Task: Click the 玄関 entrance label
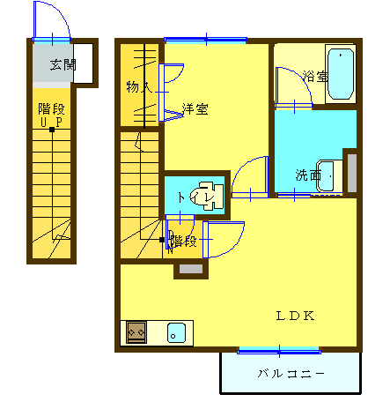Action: point(63,65)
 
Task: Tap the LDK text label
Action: point(295,316)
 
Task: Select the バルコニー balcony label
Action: point(291,374)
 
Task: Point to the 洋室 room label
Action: point(195,109)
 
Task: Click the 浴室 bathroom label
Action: point(315,77)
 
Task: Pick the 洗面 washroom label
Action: point(308,175)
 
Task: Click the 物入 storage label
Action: point(139,87)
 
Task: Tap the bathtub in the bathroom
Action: point(341,74)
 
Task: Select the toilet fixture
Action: point(207,196)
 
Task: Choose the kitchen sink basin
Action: point(176,333)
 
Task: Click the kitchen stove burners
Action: point(136,332)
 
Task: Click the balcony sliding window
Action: point(279,351)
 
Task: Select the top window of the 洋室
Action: point(206,40)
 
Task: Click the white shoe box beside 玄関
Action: point(83,63)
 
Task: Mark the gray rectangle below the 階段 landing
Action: point(191,269)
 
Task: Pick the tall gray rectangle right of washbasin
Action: point(352,173)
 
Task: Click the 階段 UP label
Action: point(51,115)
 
